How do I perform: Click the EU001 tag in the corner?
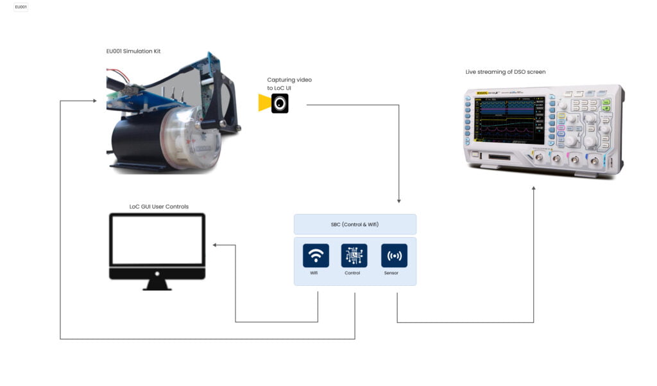21,7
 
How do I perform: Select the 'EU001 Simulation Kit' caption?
133,51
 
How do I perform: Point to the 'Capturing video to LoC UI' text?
289,83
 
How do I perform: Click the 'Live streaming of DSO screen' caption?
506,72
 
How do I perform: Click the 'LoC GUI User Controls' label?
159,207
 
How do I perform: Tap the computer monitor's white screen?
157,240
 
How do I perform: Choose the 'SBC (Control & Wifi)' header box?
355,224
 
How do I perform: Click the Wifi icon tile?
316,255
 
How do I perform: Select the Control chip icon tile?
354,255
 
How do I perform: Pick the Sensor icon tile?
394,255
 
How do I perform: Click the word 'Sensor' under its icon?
391,273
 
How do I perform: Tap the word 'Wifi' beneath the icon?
314,273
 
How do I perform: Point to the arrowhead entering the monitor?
216,245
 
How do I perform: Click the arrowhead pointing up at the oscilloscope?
534,188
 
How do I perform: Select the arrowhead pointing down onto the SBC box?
399,201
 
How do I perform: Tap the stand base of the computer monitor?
157,286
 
